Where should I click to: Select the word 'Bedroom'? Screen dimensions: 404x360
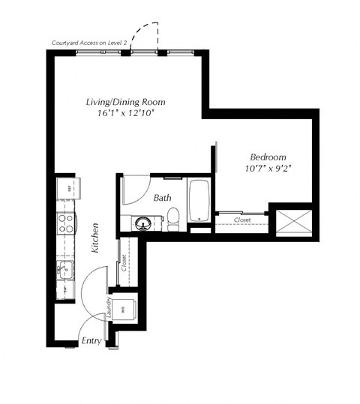[268, 157]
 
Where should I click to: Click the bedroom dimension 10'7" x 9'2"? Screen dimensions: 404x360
[268, 169]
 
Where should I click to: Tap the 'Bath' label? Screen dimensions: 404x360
[163, 199]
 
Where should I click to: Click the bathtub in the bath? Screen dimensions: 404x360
[199, 200]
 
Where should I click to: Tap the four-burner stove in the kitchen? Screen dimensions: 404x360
[66, 223]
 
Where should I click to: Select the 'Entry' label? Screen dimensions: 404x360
[91, 341]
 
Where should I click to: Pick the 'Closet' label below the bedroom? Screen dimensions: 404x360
[241, 220]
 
